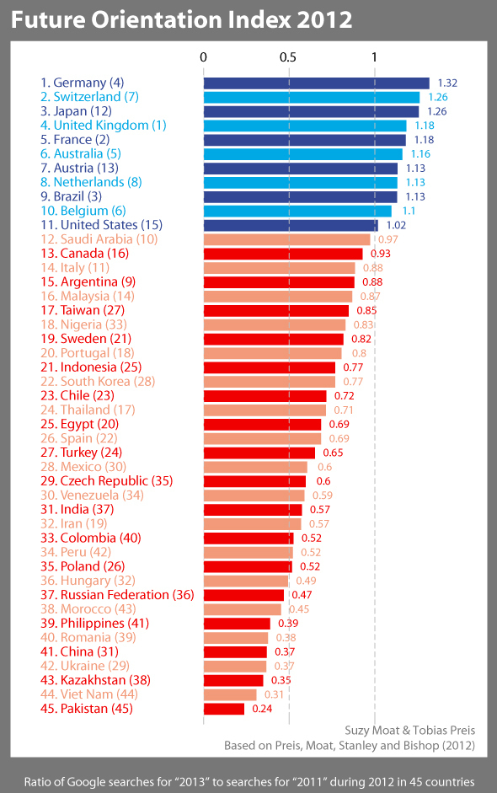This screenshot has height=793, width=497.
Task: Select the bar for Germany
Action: click(x=317, y=83)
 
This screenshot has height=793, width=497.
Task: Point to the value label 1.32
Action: click(x=447, y=83)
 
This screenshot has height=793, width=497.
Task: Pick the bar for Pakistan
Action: click(x=224, y=709)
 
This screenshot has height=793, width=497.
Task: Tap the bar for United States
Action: click(x=291, y=225)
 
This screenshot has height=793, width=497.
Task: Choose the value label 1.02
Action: click(x=396, y=225)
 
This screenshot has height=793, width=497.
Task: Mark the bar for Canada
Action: click(x=283, y=254)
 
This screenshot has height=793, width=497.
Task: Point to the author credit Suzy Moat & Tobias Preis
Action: click(x=410, y=730)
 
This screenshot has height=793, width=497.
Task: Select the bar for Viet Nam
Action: click(x=230, y=694)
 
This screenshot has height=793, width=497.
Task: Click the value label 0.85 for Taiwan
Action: click(x=366, y=310)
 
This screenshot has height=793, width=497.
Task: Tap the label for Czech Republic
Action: click(x=106, y=481)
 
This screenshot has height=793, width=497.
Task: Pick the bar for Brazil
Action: click(x=300, y=196)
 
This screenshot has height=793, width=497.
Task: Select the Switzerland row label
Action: click(x=89, y=97)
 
